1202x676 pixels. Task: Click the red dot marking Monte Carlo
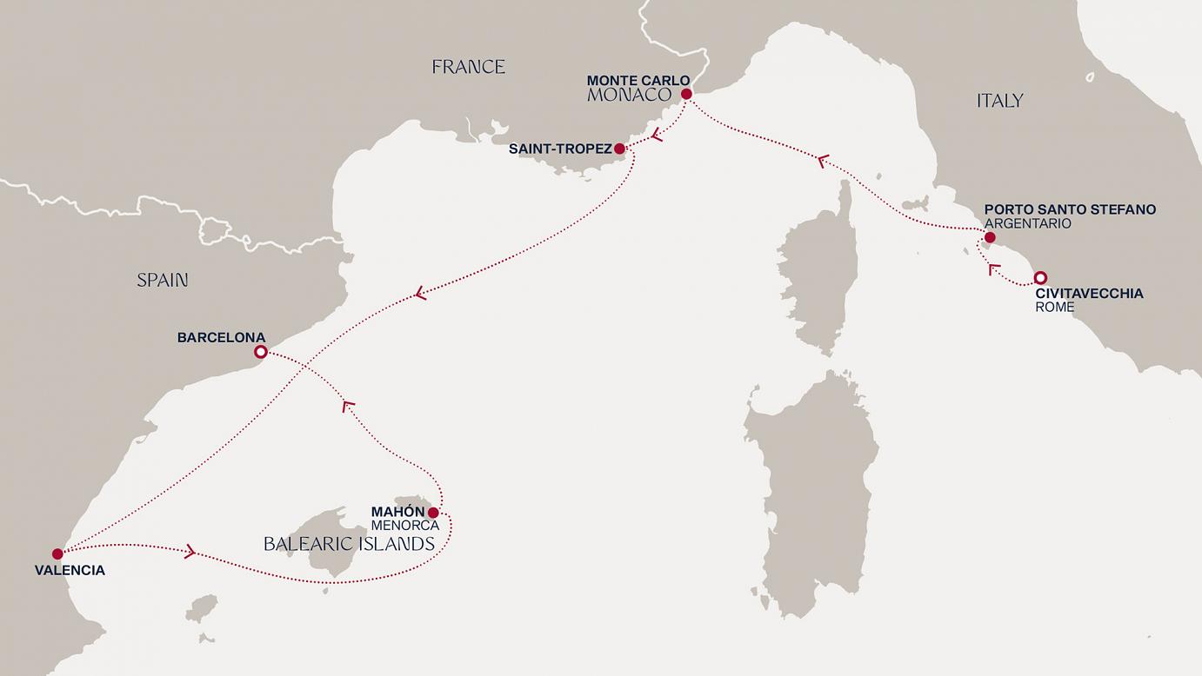click(686, 94)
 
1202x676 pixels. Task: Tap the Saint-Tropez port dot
click(620, 149)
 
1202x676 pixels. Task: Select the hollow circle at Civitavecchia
click(1039, 278)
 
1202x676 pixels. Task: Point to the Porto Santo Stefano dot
click(990, 237)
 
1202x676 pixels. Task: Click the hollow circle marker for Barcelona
click(260, 352)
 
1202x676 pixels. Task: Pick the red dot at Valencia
click(57, 553)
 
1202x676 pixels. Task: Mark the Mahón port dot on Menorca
click(433, 513)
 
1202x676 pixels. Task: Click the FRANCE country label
click(469, 67)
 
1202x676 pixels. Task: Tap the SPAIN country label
click(163, 280)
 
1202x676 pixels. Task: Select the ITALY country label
click(999, 101)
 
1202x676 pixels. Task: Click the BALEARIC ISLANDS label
click(349, 545)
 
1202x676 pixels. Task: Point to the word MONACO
click(630, 96)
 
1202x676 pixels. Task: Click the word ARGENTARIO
click(1027, 224)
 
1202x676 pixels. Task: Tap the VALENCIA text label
click(70, 571)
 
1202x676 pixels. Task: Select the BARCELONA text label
click(221, 337)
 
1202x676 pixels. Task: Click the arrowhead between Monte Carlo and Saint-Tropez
click(657, 135)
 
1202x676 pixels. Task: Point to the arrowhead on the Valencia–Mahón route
click(190, 552)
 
